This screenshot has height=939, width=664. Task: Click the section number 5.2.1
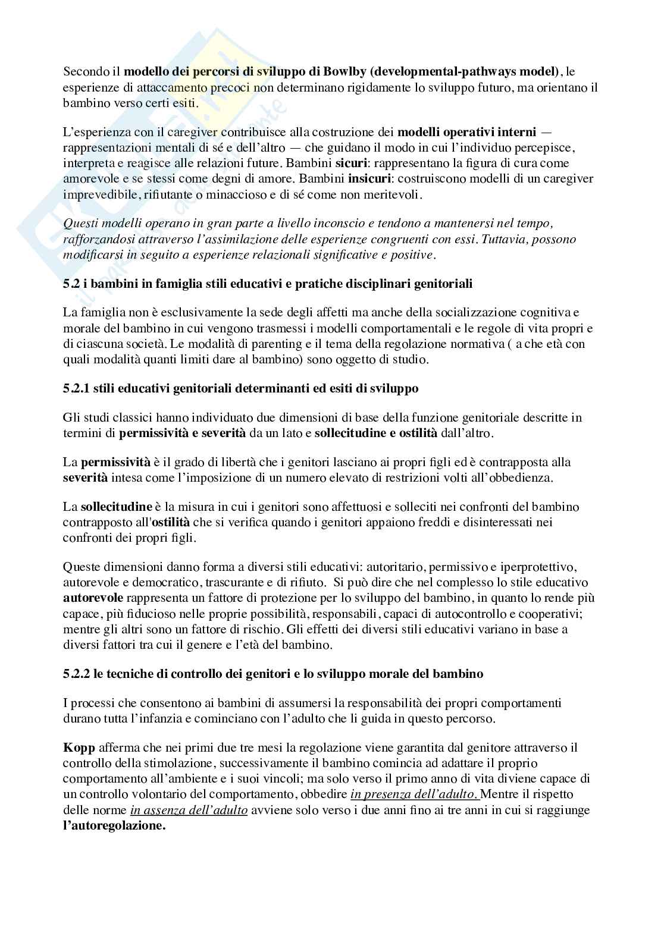pyautogui.click(x=76, y=388)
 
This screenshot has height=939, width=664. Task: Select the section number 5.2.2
pyautogui.click(x=76, y=674)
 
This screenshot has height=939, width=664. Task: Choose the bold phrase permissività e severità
pyautogui.click(x=182, y=433)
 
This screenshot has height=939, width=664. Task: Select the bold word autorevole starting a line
pyautogui.click(x=93, y=598)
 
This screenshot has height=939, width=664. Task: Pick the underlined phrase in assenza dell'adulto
pyautogui.click(x=189, y=809)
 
